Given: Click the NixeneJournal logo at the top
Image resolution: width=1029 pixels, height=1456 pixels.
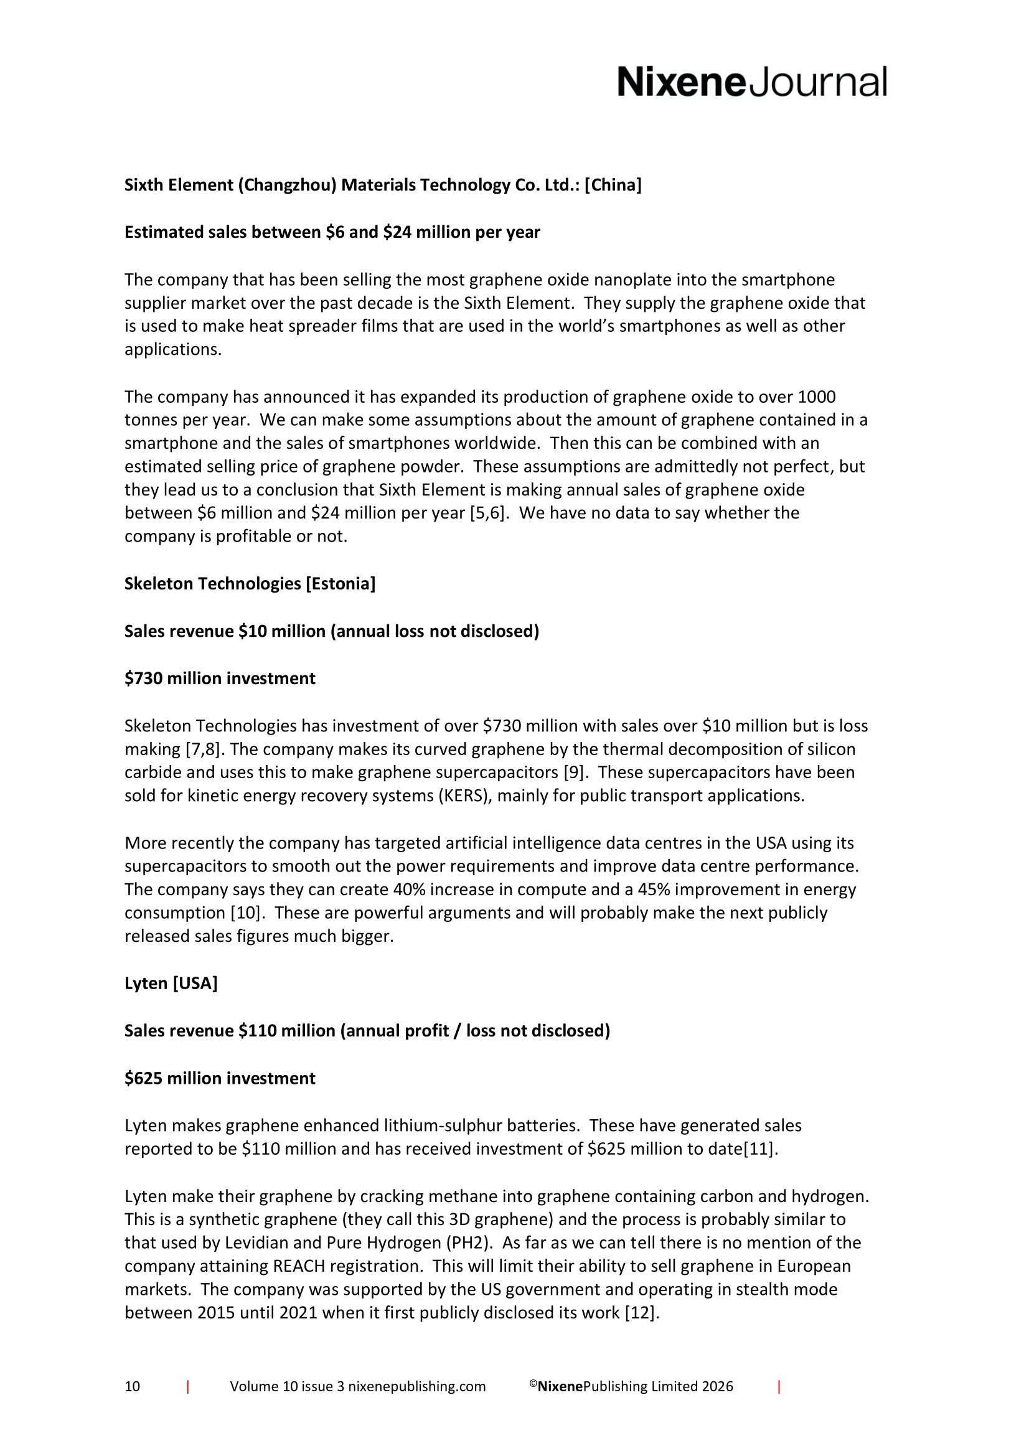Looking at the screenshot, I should click(x=751, y=82).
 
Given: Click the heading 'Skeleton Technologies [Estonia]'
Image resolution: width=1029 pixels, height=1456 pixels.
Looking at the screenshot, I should click(x=250, y=583).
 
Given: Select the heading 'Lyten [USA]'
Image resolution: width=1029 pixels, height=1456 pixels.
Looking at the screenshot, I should click(x=171, y=983).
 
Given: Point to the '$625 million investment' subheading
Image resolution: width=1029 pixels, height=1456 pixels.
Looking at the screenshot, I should click(x=219, y=1078).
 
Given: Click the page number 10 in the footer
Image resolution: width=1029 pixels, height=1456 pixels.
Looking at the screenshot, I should click(x=132, y=1386).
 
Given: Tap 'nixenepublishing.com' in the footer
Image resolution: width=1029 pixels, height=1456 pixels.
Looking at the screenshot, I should click(x=416, y=1386).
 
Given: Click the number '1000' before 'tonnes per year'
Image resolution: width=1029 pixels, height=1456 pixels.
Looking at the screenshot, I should click(x=816, y=397).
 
